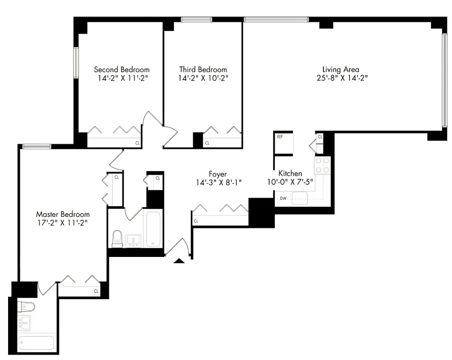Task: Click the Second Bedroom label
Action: [x=121, y=69]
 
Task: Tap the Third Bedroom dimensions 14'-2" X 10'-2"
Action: [x=203, y=78]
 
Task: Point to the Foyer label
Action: [x=218, y=174]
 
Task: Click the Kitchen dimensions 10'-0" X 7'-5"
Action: [x=290, y=182]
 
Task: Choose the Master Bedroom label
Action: [x=63, y=214]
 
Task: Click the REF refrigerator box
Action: [x=283, y=143]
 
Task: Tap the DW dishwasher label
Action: [x=283, y=198]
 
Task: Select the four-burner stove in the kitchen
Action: [x=322, y=165]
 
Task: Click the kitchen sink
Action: [x=300, y=198]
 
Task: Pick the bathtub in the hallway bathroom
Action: [x=153, y=229]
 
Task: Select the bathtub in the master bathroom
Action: [x=36, y=343]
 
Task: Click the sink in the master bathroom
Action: [x=23, y=324]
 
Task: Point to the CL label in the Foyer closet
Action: [x=196, y=221]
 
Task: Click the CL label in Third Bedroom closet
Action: [x=207, y=143]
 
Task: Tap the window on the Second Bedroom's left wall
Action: [x=76, y=63]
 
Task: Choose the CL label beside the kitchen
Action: [x=320, y=136]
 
